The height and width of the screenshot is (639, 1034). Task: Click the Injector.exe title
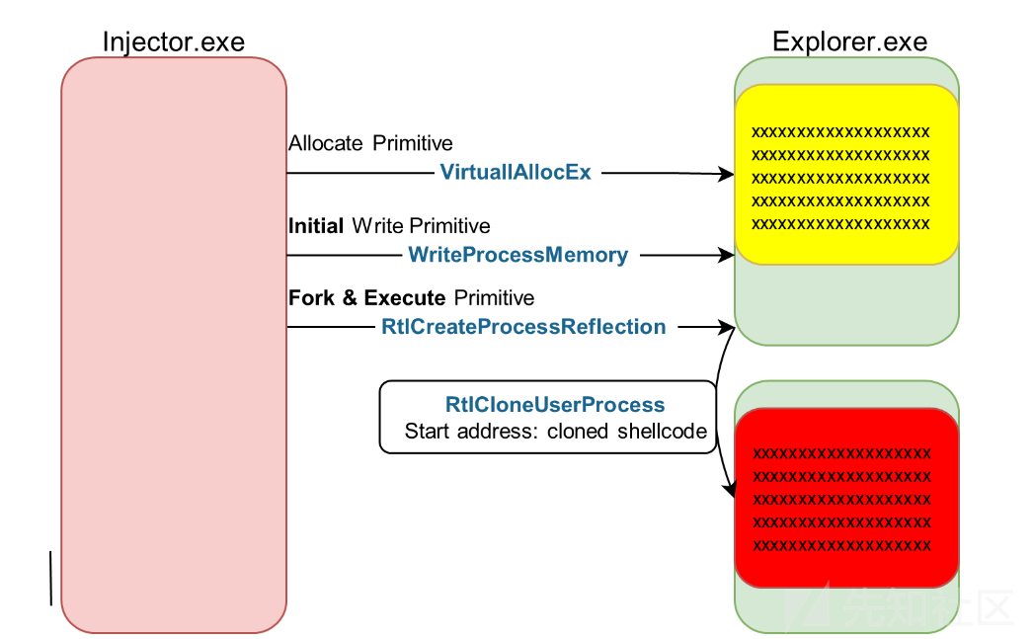[x=174, y=42]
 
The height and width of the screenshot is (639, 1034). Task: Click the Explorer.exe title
[x=849, y=41]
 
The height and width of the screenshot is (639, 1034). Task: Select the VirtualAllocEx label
[x=516, y=172]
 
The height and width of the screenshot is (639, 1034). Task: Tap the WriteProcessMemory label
[x=517, y=255]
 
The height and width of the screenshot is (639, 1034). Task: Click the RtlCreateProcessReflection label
[x=523, y=327]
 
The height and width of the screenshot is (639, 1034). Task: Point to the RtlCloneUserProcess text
[x=555, y=404]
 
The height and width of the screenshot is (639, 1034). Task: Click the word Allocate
[x=326, y=143]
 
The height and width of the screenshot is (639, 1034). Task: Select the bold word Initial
[x=316, y=225]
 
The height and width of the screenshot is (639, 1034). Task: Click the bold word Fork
[x=312, y=297]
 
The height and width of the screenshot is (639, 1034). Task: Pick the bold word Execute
[x=405, y=297]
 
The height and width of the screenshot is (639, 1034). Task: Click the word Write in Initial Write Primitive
[x=377, y=225]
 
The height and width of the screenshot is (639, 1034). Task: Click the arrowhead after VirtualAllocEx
[x=727, y=174]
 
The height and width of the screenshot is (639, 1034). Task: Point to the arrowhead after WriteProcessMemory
[x=727, y=255]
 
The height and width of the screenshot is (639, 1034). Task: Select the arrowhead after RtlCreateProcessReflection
[x=727, y=327]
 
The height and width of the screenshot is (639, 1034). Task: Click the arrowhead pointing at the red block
[x=730, y=490]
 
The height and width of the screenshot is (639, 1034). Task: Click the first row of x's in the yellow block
[x=840, y=132]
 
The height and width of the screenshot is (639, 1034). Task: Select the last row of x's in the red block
[x=842, y=545]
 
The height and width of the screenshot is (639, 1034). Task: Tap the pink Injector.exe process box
[x=174, y=345]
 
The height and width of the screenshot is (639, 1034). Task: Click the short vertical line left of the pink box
[x=50, y=579]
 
